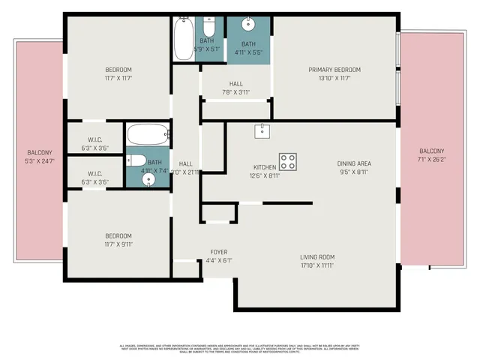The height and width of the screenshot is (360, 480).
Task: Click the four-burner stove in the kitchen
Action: (288, 160)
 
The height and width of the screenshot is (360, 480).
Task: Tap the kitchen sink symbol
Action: (262, 131)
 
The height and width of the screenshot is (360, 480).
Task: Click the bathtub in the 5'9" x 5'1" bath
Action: (184, 39)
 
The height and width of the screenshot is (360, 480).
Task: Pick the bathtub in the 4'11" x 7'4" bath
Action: (150, 135)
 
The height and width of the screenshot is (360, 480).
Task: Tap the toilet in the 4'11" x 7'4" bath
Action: (135, 160)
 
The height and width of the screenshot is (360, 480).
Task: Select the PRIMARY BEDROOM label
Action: (334, 70)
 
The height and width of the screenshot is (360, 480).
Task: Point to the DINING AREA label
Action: (353, 163)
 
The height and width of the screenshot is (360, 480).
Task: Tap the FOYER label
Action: (218, 252)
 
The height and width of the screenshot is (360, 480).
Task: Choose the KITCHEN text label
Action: (264, 167)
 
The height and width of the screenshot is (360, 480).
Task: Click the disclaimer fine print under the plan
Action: (240, 349)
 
